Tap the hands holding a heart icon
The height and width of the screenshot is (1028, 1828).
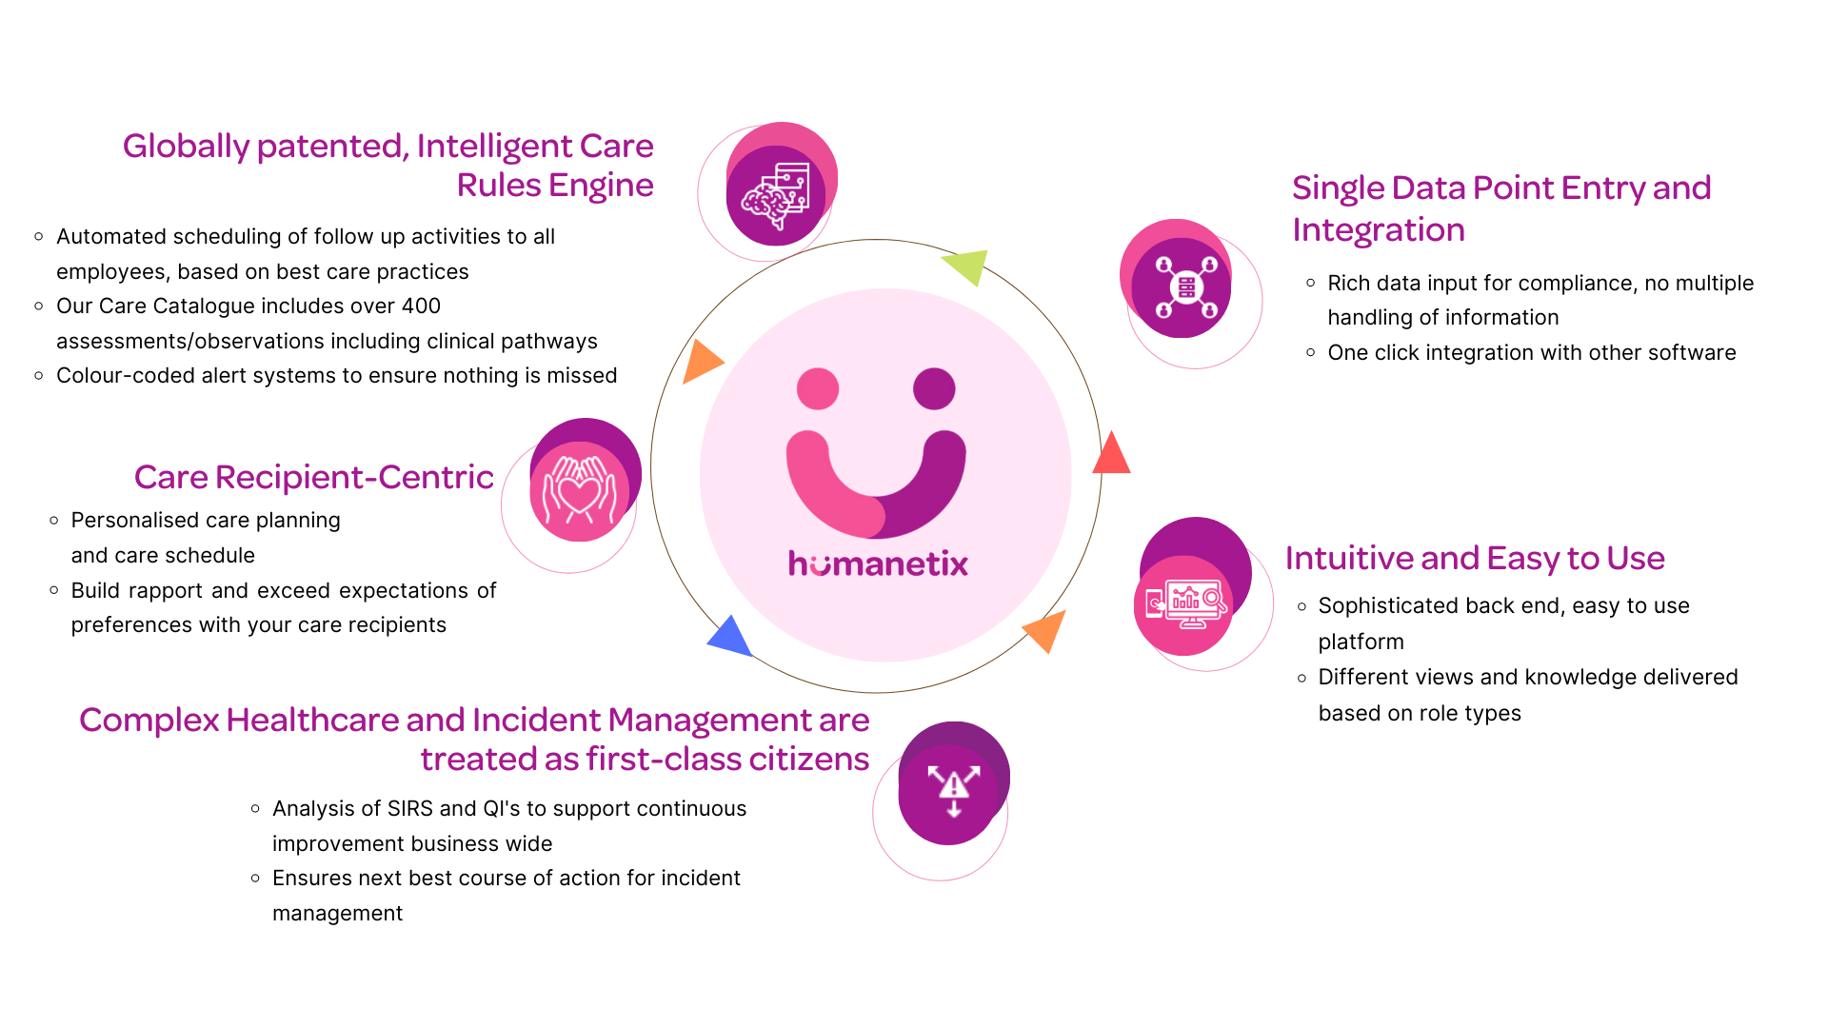579,490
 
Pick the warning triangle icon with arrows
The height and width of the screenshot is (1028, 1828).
953,790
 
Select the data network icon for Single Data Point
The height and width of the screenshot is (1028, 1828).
1185,286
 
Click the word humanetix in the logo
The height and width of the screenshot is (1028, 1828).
878,563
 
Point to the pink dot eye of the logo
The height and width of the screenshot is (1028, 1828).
818,388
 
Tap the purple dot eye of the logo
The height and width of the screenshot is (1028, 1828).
934,388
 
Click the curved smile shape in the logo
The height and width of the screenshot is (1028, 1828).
876,485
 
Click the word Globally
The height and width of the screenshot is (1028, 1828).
187,147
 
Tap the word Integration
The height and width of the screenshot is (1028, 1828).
1378,230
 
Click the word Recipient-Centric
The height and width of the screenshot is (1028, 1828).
354,477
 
